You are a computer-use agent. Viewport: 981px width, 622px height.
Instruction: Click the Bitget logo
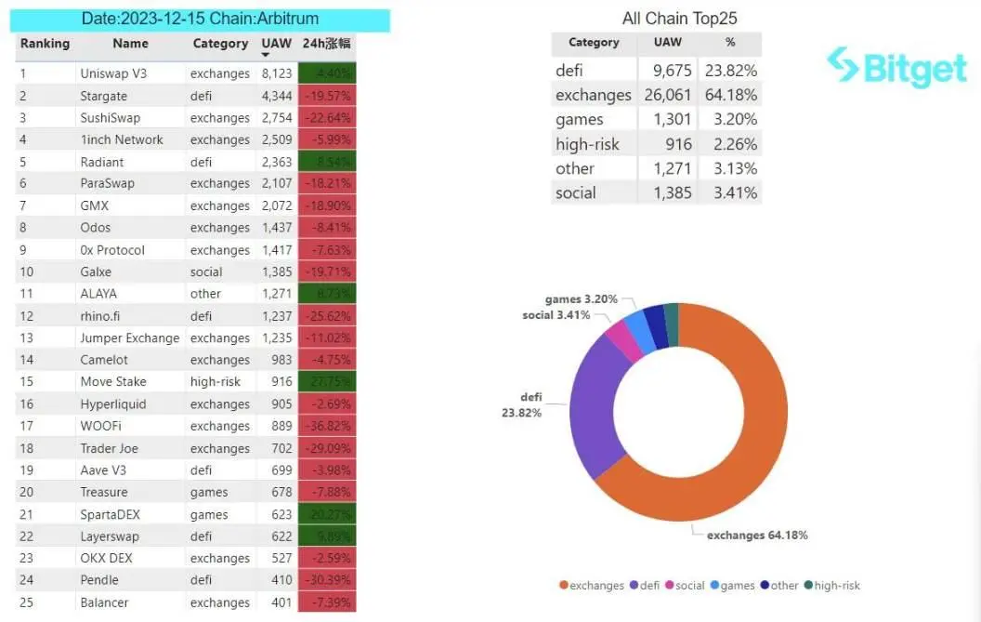(x=896, y=67)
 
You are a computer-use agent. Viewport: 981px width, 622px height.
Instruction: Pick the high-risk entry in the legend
(x=833, y=585)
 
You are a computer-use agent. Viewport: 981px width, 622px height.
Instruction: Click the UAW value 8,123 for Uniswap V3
(x=277, y=73)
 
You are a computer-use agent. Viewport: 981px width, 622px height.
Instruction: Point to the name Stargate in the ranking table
(x=104, y=96)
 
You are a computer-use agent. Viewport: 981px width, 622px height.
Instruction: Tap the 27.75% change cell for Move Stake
(x=326, y=381)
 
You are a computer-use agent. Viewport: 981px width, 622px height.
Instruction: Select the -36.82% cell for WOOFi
(x=326, y=426)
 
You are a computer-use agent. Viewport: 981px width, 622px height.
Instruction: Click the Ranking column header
(x=45, y=44)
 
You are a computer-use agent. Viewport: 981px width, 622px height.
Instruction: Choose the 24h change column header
(x=326, y=44)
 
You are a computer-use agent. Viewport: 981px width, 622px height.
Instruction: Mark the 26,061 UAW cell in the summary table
(x=667, y=95)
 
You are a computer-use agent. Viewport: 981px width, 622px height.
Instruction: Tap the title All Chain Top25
(x=679, y=19)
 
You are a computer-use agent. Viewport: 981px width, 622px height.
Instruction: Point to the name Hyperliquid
(x=112, y=404)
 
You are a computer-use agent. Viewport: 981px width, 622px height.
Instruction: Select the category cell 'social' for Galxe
(x=206, y=271)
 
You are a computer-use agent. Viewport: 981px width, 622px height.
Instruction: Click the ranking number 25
(x=27, y=602)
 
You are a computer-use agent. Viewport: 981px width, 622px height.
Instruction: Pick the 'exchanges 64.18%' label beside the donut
(x=757, y=535)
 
